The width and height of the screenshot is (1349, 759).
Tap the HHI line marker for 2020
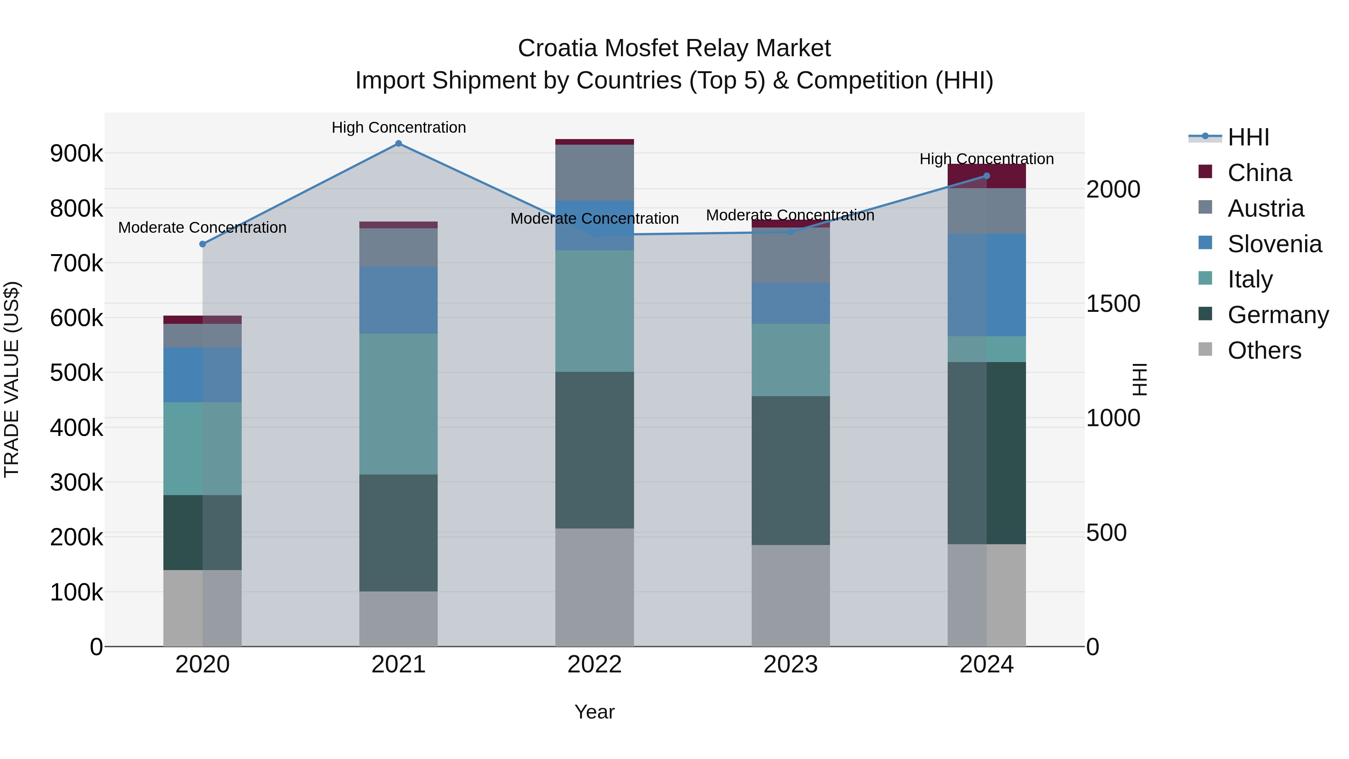point(203,244)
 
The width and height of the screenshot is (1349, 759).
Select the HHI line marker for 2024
point(987,176)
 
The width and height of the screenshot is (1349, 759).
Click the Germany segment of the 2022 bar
point(594,451)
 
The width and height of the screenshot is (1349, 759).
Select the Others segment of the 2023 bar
point(791,596)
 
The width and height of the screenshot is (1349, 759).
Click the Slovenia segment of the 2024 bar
point(987,285)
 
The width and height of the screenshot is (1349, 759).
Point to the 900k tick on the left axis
point(76,153)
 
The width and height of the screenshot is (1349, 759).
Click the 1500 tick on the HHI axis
point(1113,304)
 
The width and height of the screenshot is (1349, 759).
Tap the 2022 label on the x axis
point(594,665)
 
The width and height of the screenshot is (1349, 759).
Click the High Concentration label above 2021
point(399,127)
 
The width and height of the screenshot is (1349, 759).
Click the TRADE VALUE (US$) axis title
point(12,379)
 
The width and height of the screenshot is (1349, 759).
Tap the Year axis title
point(594,712)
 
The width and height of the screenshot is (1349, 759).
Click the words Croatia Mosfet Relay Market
point(674,48)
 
